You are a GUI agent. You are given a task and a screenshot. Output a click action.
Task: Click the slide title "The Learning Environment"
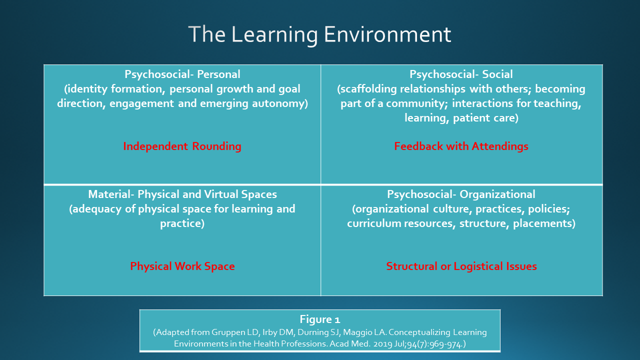pos(319,34)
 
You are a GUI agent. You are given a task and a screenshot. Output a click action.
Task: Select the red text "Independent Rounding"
pos(182,146)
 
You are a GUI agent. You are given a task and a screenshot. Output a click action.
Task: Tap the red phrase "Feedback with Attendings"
pos(461,146)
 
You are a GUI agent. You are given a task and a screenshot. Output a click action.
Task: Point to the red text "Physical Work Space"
pos(182,266)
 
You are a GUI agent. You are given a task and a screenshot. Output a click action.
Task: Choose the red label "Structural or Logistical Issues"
pos(461,266)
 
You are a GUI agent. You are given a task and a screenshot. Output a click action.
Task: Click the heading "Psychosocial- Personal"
pos(182,74)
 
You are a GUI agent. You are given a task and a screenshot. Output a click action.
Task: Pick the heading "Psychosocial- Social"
pos(461,74)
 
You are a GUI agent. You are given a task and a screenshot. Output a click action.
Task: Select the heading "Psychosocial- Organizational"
pos(461,194)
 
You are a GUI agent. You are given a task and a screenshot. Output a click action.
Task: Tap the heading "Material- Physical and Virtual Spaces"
pos(182,194)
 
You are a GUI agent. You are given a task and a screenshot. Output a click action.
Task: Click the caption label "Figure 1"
pos(319,319)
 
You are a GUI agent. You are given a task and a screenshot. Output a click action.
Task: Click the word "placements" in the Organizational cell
pos(542,223)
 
